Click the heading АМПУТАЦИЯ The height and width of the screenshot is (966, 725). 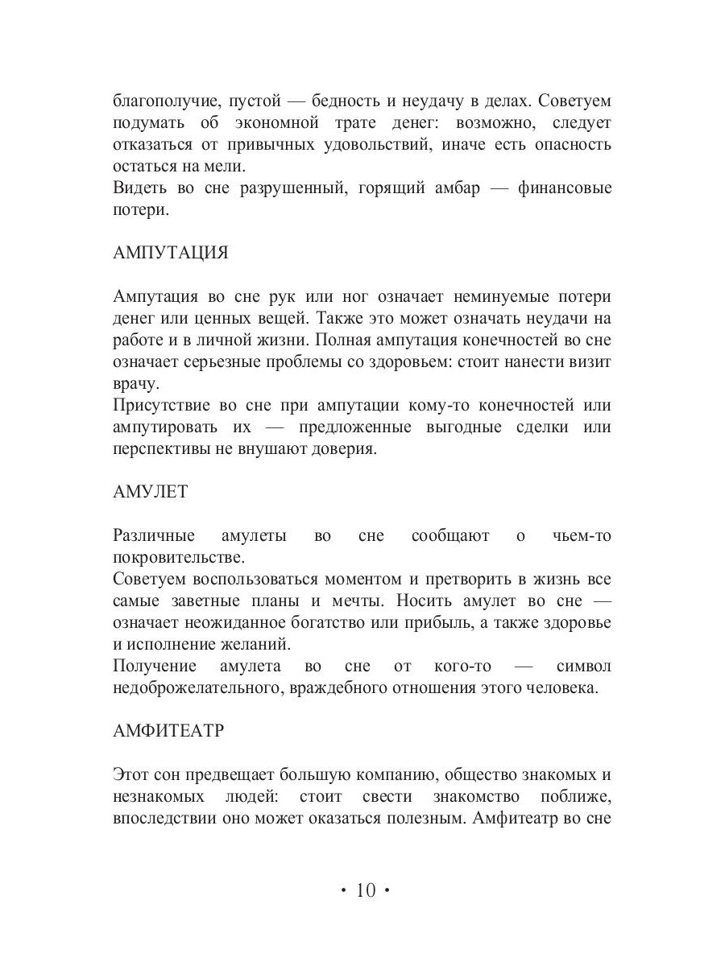[171, 253]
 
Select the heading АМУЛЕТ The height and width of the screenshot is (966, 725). [150, 492]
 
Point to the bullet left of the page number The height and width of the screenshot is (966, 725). [342, 890]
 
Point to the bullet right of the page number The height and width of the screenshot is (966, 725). [387, 890]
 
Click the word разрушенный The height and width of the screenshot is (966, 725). [300, 188]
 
